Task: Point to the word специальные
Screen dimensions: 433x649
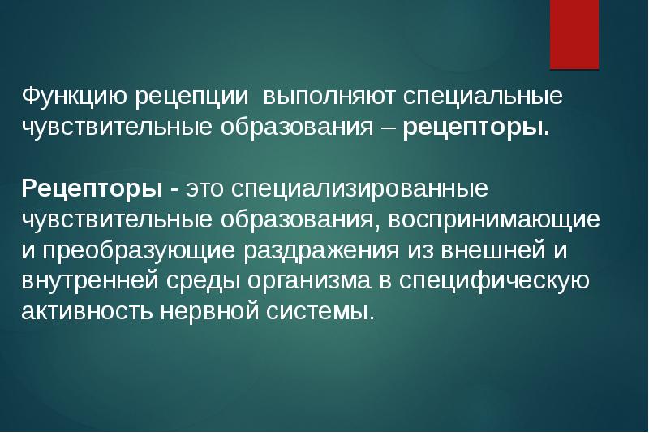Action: pos(472,98)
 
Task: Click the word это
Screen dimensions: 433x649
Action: pos(207,190)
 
